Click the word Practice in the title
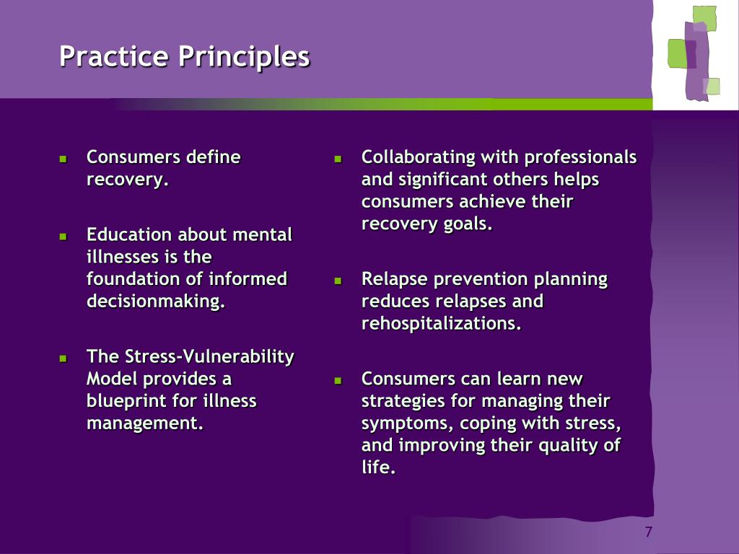113,56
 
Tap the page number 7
649,532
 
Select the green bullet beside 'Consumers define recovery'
64,159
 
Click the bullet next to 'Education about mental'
64,237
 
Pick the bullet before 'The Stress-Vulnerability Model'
64,359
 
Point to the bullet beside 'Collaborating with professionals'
338,159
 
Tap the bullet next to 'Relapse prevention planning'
338,281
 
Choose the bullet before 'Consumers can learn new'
338,381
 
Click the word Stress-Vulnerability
209,357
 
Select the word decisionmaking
156,301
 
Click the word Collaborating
419,157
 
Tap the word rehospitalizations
442,324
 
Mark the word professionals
581,157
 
